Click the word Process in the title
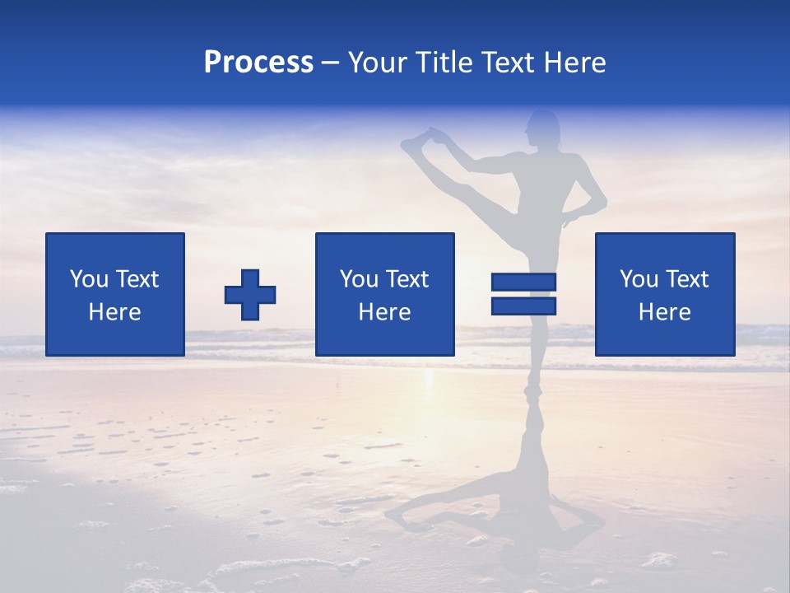[258, 63]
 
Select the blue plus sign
[250, 294]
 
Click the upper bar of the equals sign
[523, 282]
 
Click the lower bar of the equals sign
[523, 306]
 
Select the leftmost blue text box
[115, 294]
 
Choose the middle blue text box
[384, 294]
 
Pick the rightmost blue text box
[665, 294]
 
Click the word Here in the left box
[115, 312]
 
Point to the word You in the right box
[639, 279]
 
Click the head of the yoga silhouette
[544, 128]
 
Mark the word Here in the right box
[665, 312]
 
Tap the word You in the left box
[89, 279]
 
